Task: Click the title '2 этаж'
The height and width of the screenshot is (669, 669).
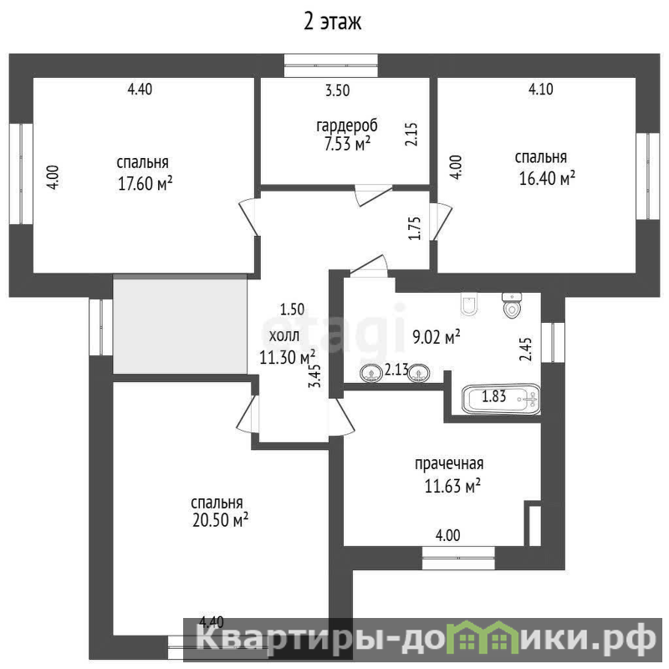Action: pos(332,22)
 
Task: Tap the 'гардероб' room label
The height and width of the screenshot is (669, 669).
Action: pos(347,125)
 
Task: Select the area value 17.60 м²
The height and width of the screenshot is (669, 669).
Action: pos(145,183)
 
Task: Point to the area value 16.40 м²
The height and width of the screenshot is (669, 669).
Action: pos(547,178)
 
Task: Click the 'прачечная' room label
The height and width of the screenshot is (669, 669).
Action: pos(449,464)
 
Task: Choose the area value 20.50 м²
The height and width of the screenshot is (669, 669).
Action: pos(220,520)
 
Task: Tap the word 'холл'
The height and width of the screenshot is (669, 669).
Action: pos(284,336)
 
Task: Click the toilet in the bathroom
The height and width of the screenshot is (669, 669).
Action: pos(512,305)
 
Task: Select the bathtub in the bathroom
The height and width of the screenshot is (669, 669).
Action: pos(501,400)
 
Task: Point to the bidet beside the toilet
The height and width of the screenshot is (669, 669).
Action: pos(469,304)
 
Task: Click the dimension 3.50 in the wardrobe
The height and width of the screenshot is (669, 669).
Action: pos(338,90)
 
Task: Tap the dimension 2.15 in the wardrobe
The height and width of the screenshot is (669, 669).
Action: pos(411,135)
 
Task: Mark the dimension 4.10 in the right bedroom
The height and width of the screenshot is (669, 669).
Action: pos(540,89)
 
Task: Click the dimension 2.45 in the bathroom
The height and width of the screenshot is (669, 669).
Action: pos(526,350)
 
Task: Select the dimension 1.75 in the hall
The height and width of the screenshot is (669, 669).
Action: pos(415,228)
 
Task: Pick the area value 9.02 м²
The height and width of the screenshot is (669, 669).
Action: pos(436,337)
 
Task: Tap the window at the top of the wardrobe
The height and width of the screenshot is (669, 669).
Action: pos(331,65)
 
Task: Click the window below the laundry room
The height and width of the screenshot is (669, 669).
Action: pos(458,558)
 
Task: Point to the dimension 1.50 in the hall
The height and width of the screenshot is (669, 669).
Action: pos(292,309)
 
